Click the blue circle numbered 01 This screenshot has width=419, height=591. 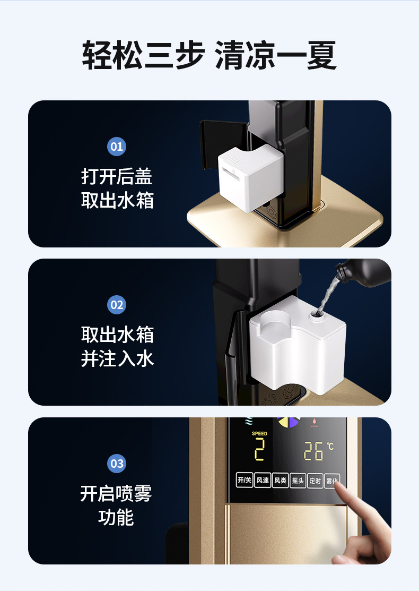pos(117,146)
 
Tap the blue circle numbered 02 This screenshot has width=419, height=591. pos(117,305)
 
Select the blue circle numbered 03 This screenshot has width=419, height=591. pos(117,463)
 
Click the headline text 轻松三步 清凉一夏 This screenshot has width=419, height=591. pos(210,55)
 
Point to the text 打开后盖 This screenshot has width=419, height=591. pos(117,176)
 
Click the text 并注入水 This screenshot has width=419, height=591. pos(117,359)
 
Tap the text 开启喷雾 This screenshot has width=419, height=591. pos(116,494)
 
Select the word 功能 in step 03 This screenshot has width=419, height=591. pos(116,517)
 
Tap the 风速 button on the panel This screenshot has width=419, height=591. pos(263,480)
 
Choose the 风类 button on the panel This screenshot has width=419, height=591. pos(280,480)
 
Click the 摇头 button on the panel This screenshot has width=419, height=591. pos(298,480)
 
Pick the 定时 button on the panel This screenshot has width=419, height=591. pos(315,480)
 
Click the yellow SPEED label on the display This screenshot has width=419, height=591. pos(259,434)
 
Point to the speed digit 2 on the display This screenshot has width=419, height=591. pos(259,450)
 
